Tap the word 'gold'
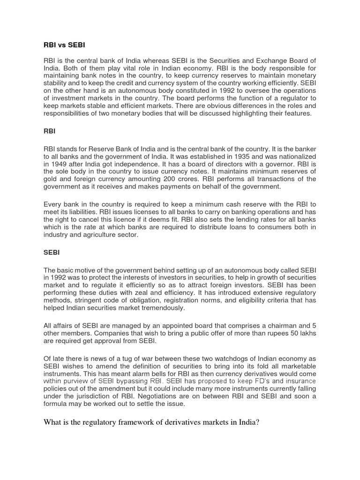[51, 179]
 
